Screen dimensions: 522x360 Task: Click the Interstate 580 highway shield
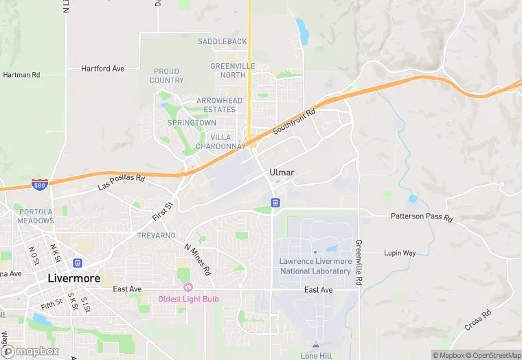coord(41,185)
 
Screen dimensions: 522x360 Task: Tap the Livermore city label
coord(74,278)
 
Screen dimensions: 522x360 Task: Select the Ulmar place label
coord(282,171)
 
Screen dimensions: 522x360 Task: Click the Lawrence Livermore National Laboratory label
coord(315,266)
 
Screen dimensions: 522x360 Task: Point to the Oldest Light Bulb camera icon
coord(188,287)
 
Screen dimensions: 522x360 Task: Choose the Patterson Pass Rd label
coord(422,218)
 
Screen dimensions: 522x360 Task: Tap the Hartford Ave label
coord(102,69)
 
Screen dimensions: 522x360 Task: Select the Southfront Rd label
coord(294,122)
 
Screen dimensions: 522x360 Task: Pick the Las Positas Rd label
coord(122,182)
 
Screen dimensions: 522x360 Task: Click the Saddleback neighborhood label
coord(222,42)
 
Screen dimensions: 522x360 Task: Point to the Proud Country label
coord(167,76)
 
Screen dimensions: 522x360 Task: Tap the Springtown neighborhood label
coord(192,123)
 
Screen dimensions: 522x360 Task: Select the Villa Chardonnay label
coord(220,142)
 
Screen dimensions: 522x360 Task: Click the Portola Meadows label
coord(36,216)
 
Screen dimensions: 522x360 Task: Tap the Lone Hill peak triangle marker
coord(315,345)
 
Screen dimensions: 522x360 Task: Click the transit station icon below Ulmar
coord(275,203)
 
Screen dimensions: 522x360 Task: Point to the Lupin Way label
coord(400,253)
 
